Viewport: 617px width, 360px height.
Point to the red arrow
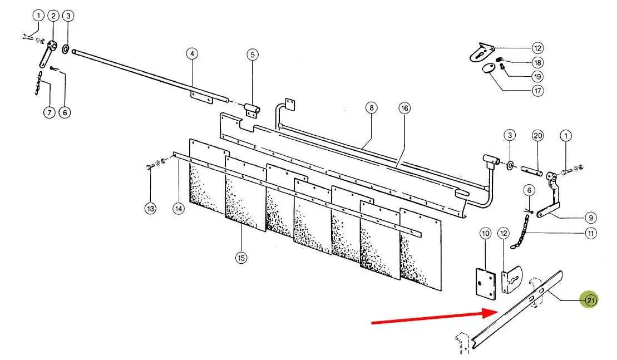tap(433, 318)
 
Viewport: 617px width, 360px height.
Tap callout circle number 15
tap(241, 258)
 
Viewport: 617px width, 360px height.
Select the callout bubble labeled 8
tap(371, 108)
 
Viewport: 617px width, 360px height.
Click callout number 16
tap(404, 108)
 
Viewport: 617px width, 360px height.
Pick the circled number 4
tap(192, 54)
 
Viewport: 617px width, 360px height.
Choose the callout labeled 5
tap(253, 55)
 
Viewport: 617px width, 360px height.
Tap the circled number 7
tap(49, 112)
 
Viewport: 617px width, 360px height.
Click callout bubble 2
tap(53, 16)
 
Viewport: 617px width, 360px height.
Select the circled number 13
tap(150, 208)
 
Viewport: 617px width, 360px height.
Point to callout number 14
tap(178, 208)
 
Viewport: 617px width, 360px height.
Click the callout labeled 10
tap(486, 234)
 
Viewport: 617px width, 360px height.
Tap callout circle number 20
tap(537, 136)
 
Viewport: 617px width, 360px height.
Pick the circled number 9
tap(591, 218)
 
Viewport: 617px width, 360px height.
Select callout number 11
tap(591, 233)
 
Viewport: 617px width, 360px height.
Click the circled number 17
tap(537, 91)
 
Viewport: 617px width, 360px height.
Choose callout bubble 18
tap(537, 62)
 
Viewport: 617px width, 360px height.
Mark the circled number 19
tap(537, 77)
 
